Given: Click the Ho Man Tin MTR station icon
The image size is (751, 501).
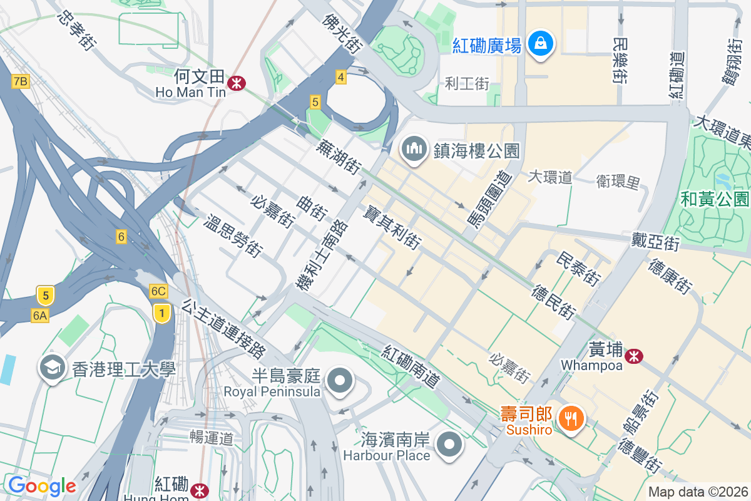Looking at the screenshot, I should (x=237, y=82).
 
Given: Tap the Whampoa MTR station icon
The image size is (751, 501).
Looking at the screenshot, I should (x=635, y=356).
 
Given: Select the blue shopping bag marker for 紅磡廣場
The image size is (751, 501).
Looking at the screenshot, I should (x=538, y=44).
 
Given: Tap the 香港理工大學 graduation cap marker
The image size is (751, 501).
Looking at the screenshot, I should (x=52, y=368).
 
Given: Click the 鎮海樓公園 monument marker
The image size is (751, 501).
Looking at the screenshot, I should (x=414, y=149).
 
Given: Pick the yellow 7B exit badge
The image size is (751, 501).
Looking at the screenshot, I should (x=20, y=81).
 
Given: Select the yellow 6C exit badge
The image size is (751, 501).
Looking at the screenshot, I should (x=158, y=291).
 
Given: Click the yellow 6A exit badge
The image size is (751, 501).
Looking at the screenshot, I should (x=39, y=316).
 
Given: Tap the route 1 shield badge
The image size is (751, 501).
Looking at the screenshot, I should (x=162, y=312).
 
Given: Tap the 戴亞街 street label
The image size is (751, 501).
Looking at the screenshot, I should (x=655, y=241).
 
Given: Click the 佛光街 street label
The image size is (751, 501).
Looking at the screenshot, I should (x=343, y=34).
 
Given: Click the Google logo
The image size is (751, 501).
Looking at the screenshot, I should (x=42, y=485).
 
